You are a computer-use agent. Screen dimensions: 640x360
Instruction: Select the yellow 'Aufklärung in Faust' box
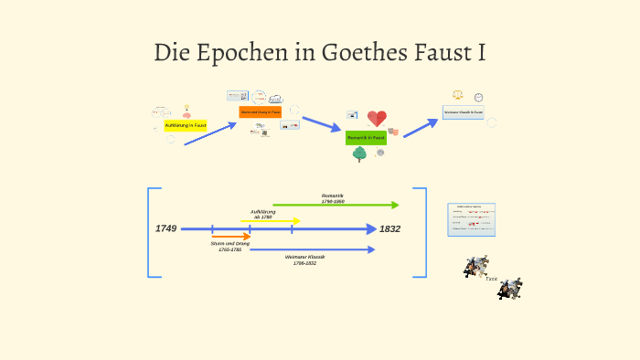point(186,124)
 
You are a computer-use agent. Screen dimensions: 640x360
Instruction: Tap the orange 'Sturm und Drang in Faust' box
point(260,111)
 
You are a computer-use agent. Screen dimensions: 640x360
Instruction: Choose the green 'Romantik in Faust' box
point(366,137)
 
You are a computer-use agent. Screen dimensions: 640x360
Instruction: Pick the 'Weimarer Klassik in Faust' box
point(464,112)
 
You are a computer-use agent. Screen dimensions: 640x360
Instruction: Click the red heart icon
point(377,119)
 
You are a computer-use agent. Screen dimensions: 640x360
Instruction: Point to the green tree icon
point(359,154)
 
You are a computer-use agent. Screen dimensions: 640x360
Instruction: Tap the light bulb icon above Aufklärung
point(187,110)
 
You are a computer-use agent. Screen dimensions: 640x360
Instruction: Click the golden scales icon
point(458,94)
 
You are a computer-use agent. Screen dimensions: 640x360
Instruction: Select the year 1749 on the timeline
point(166,228)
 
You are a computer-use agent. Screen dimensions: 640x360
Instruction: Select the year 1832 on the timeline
point(390,228)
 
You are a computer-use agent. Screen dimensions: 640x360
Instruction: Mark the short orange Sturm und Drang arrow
point(230,236)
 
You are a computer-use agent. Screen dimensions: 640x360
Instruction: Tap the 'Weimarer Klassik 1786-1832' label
point(305,259)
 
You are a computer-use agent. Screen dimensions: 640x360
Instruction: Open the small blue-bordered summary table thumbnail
point(471,219)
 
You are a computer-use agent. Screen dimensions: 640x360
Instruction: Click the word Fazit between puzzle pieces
point(492,278)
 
